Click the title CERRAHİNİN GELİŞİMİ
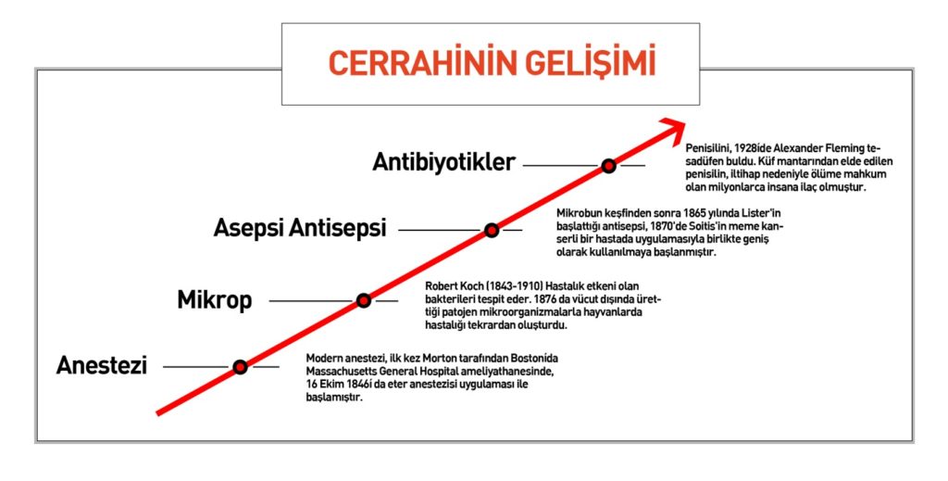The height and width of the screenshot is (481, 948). pos(492,63)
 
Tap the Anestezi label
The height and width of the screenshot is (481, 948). pos(102,365)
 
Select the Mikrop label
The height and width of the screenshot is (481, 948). pos(215,300)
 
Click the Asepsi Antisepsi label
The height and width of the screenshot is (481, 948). pos(300,229)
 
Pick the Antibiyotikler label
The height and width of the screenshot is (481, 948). pos(443,162)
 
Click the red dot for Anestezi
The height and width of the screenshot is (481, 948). pos(240,367)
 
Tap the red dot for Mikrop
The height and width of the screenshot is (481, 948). pos(363,300)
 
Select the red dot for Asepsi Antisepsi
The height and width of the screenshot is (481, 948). pos(492,230)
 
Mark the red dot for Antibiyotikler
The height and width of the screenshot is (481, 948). pos(609,165)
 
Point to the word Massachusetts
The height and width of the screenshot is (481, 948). pos(339,371)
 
